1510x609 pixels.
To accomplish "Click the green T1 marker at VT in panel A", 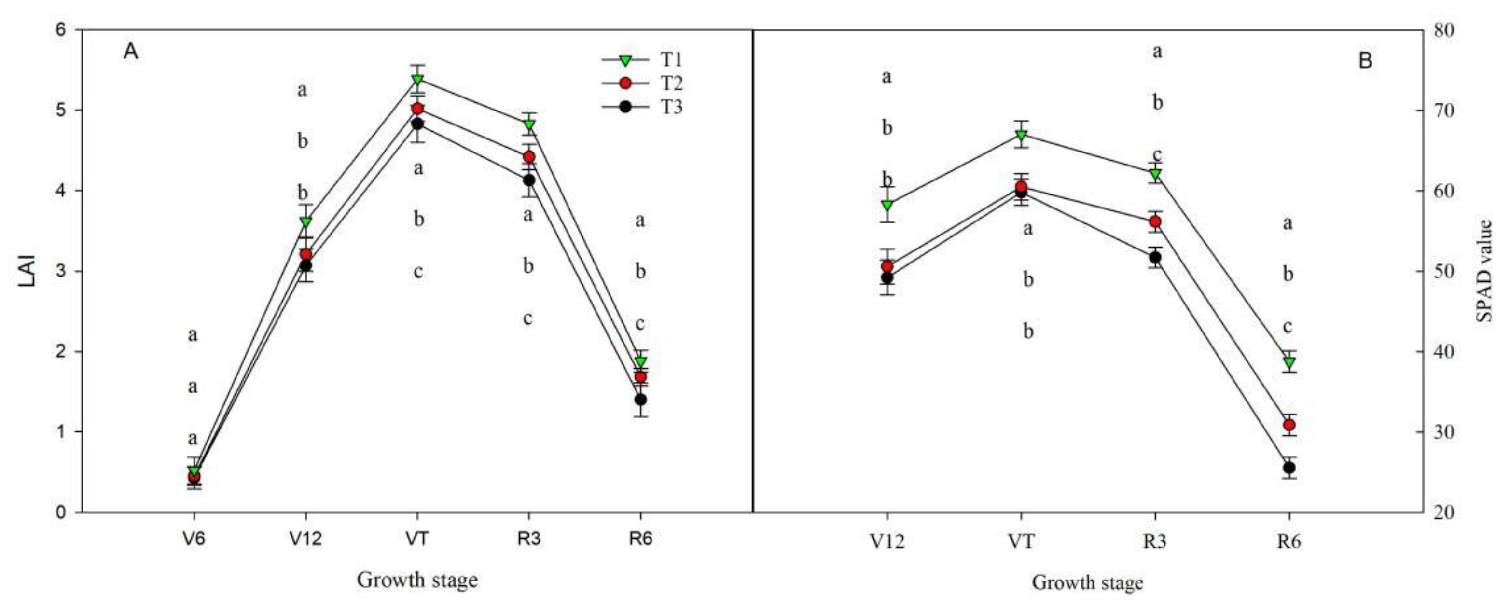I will click(417, 79).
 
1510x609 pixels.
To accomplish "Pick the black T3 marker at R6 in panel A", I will click(641, 399).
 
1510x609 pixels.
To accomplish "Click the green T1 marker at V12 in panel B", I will click(887, 205).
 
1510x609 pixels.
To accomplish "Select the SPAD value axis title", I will click(1483, 271).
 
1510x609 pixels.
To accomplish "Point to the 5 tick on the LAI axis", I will click(60, 110).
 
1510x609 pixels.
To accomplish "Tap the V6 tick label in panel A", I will click(194, 539).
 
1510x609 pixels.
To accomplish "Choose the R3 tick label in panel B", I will click(1155, 541).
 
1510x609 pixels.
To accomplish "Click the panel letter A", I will click(130, 52).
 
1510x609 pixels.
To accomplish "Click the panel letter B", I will click(1365, 60).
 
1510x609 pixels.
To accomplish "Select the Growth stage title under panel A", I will click(417, 580).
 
